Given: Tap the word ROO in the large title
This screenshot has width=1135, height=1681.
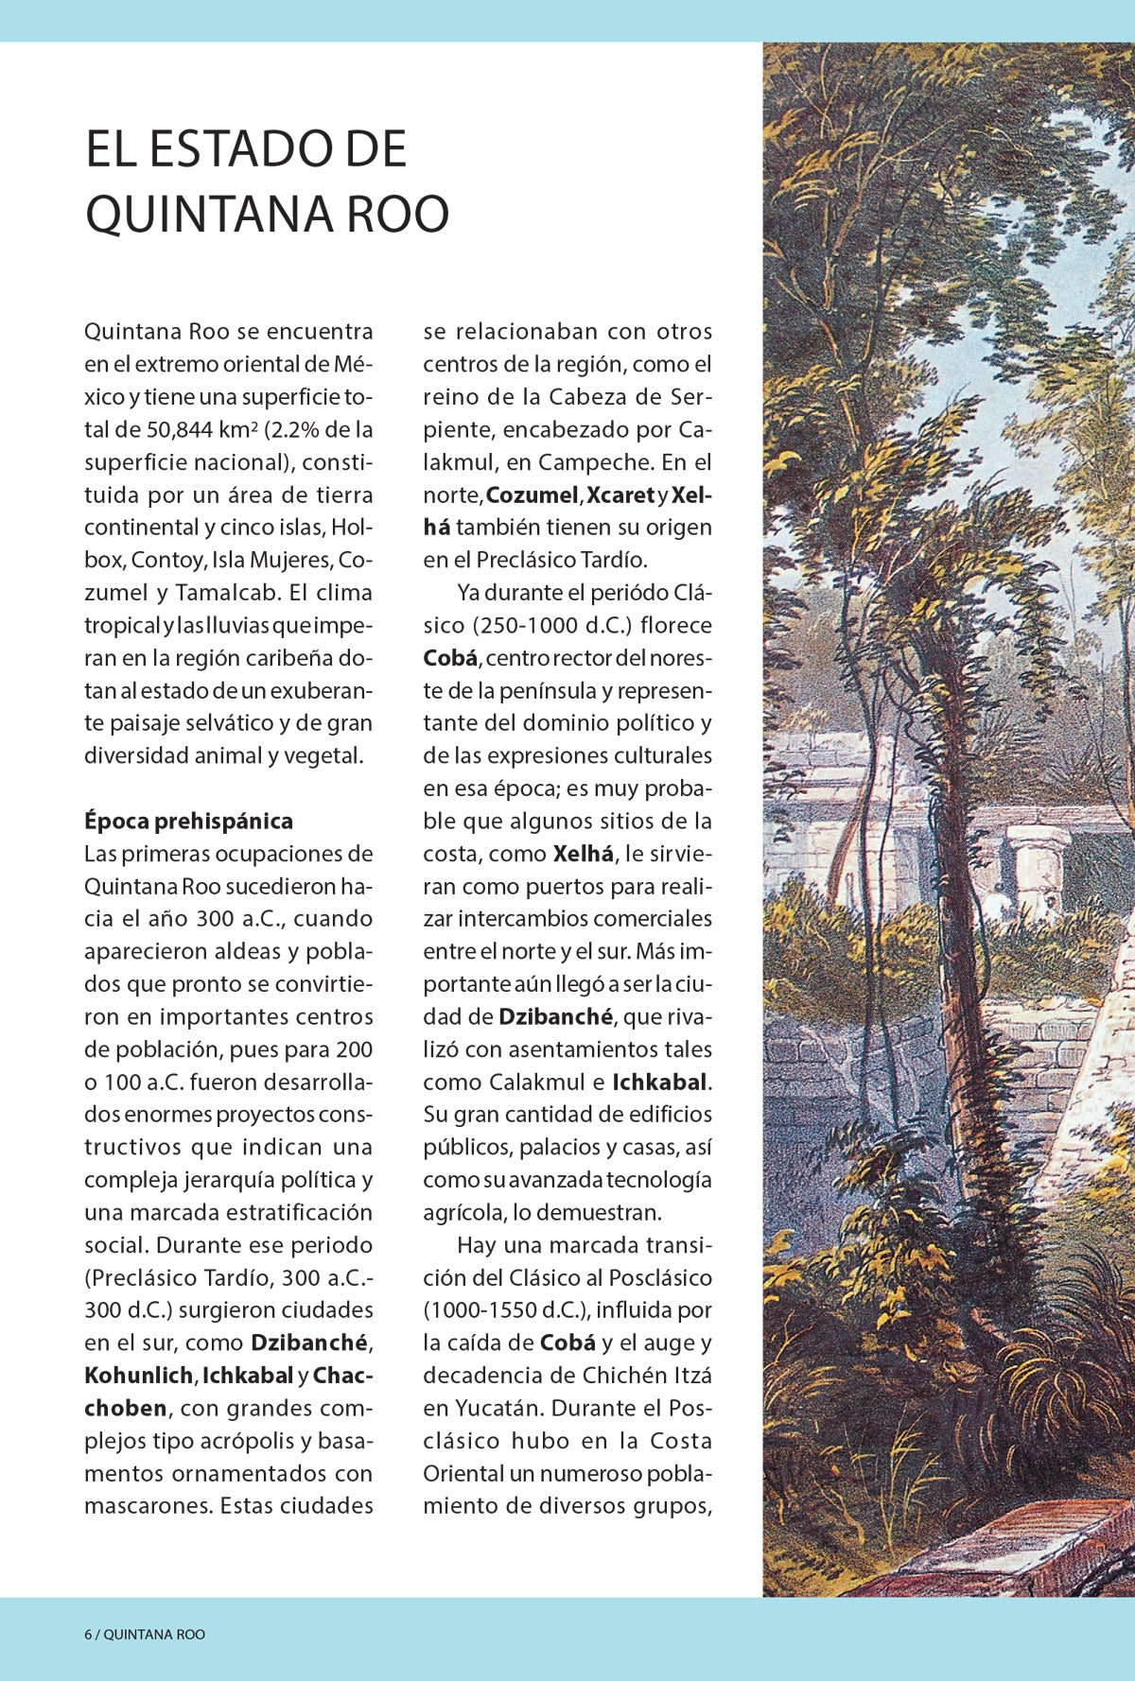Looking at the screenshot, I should click(397, 215).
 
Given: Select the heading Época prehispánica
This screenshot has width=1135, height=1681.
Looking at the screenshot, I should click(188, 821).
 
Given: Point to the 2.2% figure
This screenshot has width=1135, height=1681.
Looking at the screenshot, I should click(296, 430).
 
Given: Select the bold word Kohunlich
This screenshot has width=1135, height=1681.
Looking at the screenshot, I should click(138, 1376).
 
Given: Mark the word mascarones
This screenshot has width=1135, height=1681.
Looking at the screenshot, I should click(146, 1506).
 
